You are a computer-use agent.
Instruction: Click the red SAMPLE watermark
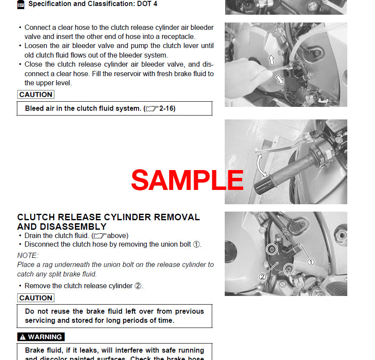click(x=187, y=180)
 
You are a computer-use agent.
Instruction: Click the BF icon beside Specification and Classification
click(x=21, y=4)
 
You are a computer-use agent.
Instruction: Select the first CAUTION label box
click(x=36, y=94)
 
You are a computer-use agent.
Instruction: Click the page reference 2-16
click(x=167, y=109)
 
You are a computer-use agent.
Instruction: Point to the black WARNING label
click(x=41, y=337)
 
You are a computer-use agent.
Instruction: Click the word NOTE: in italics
click(x=28, y=255)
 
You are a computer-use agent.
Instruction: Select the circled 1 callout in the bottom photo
click(x=311, y=262)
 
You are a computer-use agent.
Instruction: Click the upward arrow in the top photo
click(x=272, y=59)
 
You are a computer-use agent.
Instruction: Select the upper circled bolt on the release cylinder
click(x=272, y=249)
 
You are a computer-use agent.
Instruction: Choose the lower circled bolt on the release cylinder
click(x=288, y=269)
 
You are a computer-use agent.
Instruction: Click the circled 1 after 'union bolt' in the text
click(x=196, y=244)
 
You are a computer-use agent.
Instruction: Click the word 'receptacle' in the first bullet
click(x=175, y=37)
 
